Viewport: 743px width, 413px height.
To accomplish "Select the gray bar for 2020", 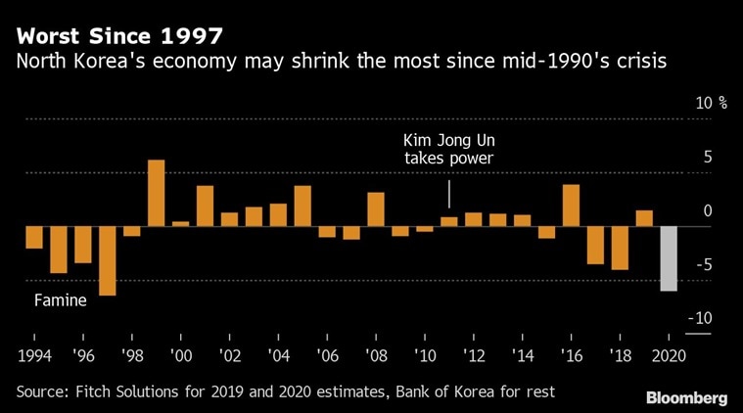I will point(669,258).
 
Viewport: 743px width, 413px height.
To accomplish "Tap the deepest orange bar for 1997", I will point(107,260).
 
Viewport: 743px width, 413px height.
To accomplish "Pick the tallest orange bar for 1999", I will point(156,193).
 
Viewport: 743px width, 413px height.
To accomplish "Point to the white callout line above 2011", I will point(449,194).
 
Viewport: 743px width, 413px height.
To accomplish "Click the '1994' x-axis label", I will point(35,354).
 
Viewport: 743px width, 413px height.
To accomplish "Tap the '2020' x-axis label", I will point(669,354).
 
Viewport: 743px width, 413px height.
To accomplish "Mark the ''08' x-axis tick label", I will point(376,354).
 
